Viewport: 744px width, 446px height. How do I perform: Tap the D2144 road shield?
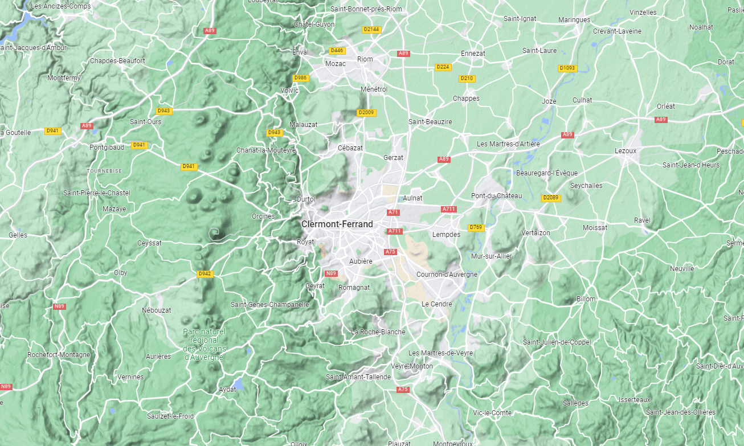[371, 29]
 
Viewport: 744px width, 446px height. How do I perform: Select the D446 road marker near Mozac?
[337, 51]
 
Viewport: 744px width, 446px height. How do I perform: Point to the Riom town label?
[365, 59]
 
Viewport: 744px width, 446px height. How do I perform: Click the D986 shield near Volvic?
[300, 78]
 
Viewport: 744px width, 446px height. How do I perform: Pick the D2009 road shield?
[366, 113]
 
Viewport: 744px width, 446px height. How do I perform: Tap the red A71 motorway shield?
[393, 212]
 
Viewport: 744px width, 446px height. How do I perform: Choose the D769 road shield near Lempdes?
[476, 228]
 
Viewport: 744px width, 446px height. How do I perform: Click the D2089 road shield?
[550, 198]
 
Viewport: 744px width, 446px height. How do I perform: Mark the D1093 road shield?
[567, 68]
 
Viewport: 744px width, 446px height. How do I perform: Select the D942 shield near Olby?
[205, 274]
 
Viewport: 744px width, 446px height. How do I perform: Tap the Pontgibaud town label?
[107, 147]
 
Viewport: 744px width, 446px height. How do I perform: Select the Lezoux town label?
[626, 151]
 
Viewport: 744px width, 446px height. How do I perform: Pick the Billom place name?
[586, 299]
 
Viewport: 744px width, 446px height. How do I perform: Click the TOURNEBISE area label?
[104, 171]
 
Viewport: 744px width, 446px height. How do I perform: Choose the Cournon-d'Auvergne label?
[447, 275]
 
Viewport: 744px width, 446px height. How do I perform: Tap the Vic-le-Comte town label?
[492, 413]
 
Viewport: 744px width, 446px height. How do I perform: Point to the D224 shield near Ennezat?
[443, 67]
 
